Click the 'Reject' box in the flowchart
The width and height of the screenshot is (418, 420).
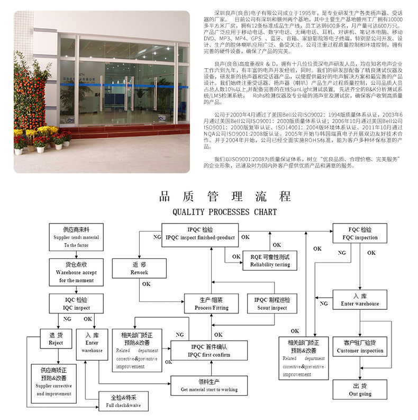[56, 339]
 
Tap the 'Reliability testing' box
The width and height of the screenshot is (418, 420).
[270, 261]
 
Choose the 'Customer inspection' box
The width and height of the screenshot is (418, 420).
[360, 346]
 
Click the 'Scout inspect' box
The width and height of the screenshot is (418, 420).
[272, 303]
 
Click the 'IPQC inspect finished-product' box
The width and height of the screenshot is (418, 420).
[200, 234]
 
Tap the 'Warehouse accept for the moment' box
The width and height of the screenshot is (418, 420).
[77, 272]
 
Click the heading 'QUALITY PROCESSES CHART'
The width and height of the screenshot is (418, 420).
[225, 212]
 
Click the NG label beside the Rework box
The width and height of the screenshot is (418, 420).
[157, 237]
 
